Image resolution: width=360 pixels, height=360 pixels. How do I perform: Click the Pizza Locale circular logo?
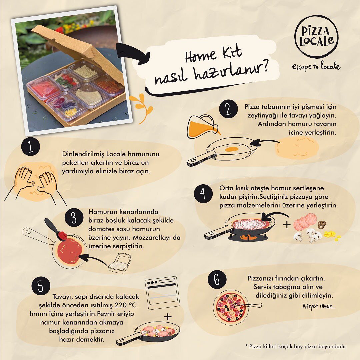[316, 37]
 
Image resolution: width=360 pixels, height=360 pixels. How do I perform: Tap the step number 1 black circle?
[31, 146]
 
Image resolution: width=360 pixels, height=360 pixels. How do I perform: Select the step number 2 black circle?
[228, 109]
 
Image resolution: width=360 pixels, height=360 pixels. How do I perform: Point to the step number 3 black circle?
[74, 217]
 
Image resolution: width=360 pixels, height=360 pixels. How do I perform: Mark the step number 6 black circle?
[217, 280]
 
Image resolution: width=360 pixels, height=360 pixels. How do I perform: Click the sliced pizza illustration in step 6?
[231, 308]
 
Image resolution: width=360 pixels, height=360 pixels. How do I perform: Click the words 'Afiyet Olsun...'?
[319, 306]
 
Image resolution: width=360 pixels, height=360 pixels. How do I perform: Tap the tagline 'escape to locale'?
[316, 66]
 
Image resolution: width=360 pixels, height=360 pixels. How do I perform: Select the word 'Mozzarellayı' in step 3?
[152, 237]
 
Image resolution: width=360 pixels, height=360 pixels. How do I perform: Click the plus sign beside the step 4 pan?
[287, 224]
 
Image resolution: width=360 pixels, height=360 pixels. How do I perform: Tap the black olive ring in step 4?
[322, 225]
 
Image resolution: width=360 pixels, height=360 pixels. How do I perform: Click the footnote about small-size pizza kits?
[296, 346]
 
